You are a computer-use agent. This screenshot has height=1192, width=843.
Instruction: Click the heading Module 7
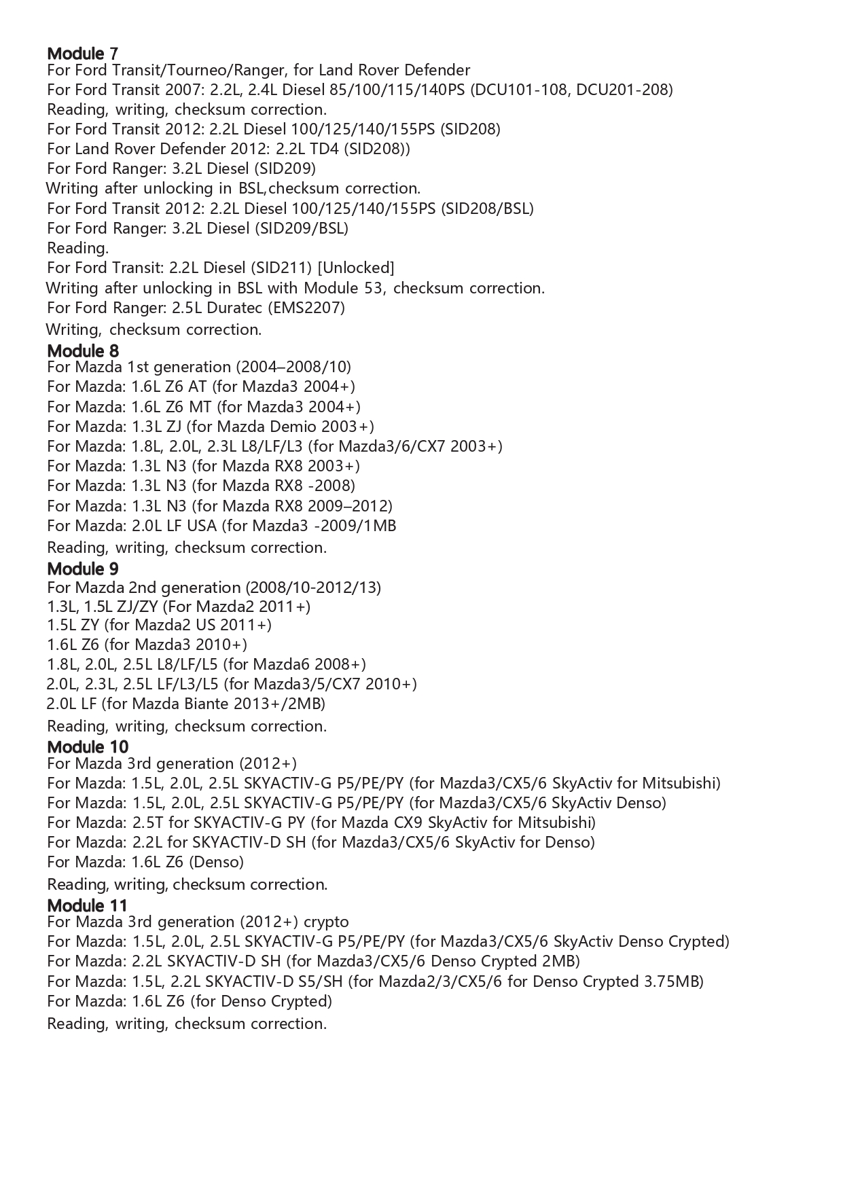pos(82,53)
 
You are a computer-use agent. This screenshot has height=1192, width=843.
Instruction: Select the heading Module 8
pos(82,350)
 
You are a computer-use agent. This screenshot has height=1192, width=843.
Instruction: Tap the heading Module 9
pos(82,568)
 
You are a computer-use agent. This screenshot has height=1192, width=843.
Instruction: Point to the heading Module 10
pos(87,746)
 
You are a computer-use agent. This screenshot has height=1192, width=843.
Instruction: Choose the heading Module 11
pos(87,905)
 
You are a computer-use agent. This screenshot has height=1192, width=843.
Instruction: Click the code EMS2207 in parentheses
pos(307,308)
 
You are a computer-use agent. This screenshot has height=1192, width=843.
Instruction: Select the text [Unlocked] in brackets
pos(356,268)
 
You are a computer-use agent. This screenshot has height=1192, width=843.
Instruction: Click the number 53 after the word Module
pos(374,288)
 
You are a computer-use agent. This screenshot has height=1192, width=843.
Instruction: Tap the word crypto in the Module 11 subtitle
pos(326,922)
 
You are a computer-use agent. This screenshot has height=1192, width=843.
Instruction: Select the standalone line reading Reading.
pos(77,248)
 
